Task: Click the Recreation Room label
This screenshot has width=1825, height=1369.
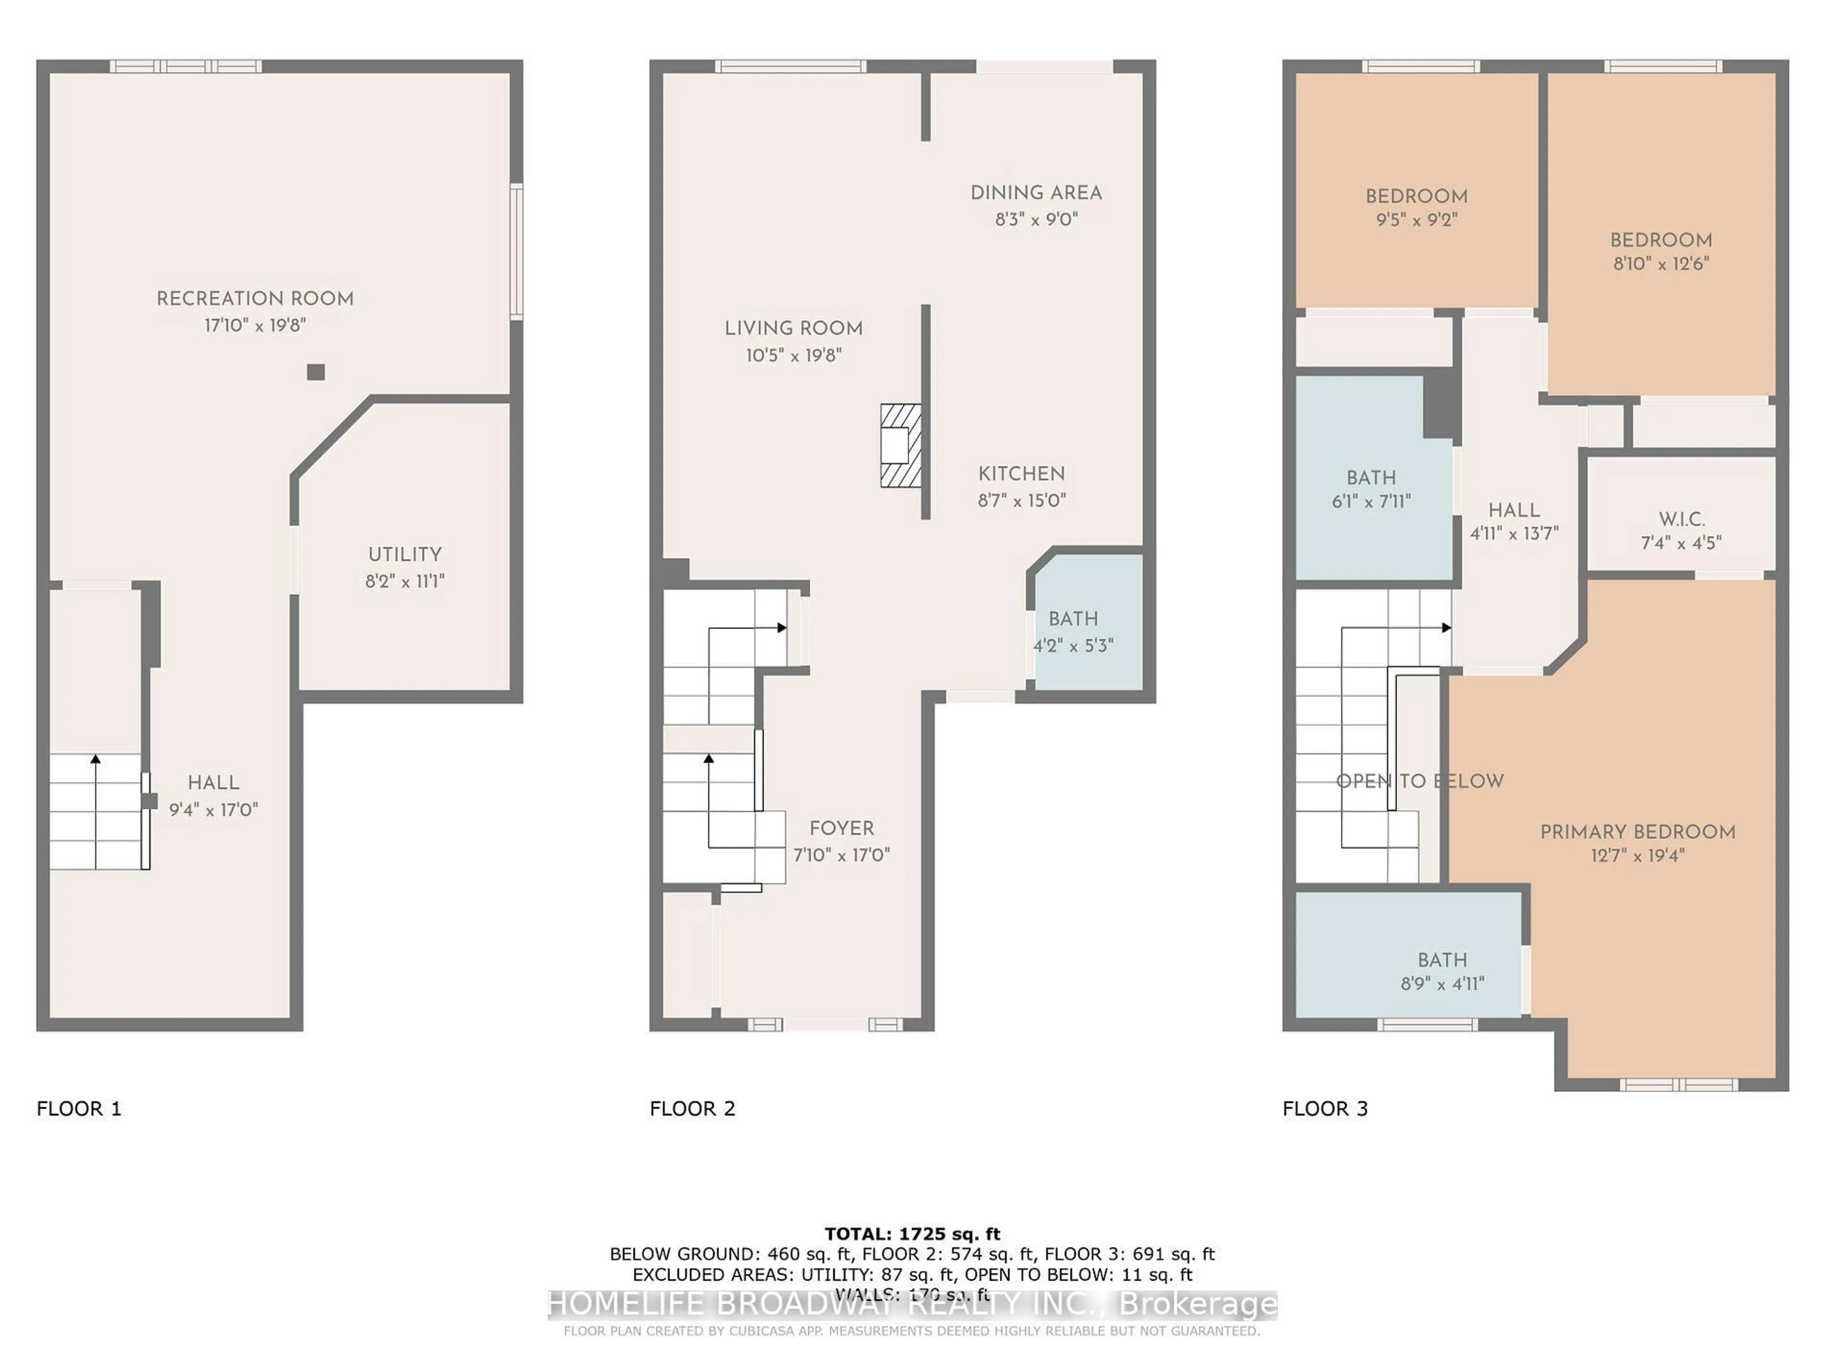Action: tap(255, 299)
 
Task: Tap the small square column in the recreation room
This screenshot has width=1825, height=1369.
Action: tap(315, 372)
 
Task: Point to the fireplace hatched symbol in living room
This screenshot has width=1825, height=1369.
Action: tap(900, 445)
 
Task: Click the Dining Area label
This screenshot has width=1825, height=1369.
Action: tap(1036, 193)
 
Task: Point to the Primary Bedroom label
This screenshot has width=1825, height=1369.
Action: tap(1638, 832)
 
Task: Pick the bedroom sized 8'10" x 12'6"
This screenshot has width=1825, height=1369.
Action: tap(1661, 251)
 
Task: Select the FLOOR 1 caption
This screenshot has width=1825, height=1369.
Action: tap(79, 1108)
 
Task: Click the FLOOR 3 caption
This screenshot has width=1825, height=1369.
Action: tap(1325, 1108)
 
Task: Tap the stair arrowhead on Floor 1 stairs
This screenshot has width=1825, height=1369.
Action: tap(96, 758)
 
